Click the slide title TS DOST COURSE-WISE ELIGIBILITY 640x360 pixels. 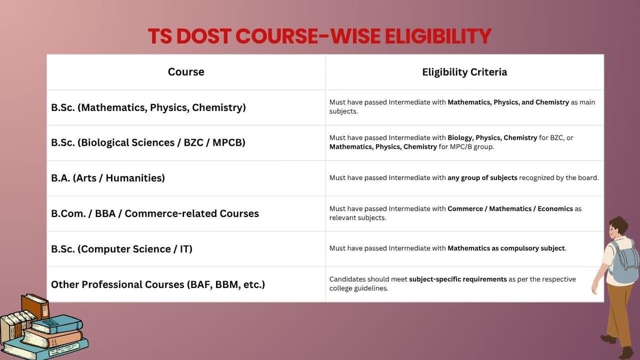(x=319, y=36)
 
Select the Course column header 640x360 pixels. (x=186, y=72)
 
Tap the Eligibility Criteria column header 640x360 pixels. (x=464, y=72)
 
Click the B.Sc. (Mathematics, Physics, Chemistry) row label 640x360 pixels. (x=148, y=108)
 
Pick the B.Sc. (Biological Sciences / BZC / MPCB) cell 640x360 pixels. (x=148, y=143)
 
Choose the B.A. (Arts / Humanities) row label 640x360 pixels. (x=108, y=178)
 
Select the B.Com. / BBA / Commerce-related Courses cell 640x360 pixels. (x=155, y=213)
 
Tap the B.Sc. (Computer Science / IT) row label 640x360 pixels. (x=122, y=249)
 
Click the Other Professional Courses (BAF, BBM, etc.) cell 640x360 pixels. (x=158, y=284)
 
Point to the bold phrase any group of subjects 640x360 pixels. (x=482, y=178)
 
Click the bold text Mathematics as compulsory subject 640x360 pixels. (x=506, y=249)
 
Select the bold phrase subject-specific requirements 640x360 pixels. (x=458, y=279)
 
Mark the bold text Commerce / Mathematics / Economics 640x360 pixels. (x=510, y=209)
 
